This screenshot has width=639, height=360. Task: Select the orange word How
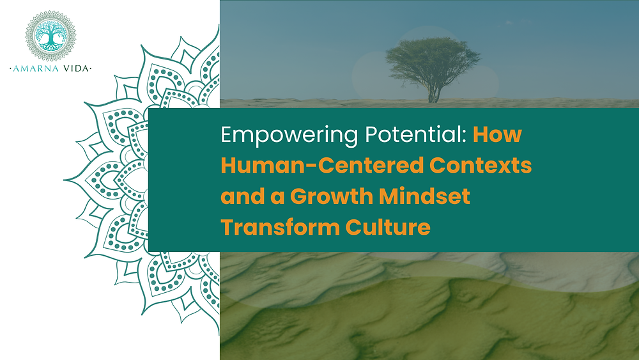point(498,136)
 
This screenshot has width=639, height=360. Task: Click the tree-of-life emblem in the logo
point(50,35)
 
